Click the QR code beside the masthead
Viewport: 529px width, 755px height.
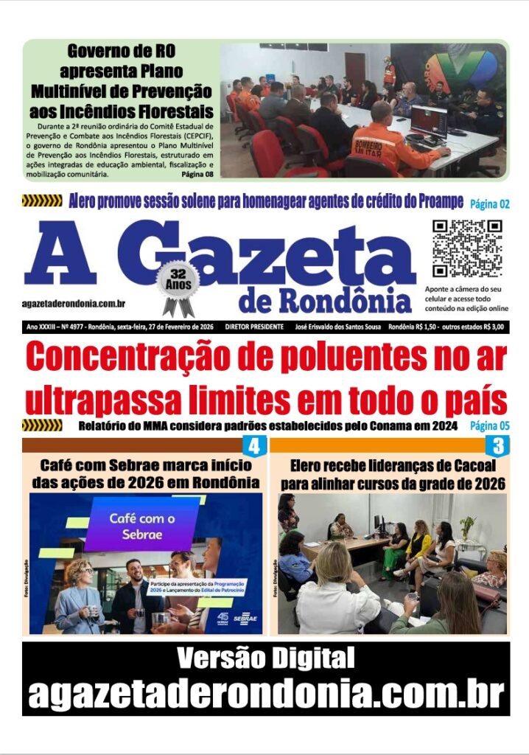click(x=467, y=248)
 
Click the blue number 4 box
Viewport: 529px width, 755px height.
click(x=253, y=446)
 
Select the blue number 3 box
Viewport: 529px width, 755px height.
click(x=498, y=446)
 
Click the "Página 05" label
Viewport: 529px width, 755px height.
click(x=489, y=425)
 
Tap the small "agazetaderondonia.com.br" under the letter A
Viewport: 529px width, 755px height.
click(x=73, y=304)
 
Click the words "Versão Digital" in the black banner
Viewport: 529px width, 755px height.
click(x=265, y=656)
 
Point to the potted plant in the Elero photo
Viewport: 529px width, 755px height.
click(x=467, y=526)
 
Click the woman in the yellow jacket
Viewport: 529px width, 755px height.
click(x=420, y=542)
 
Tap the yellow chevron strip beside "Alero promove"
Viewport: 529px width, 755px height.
click(x=42, y=201)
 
